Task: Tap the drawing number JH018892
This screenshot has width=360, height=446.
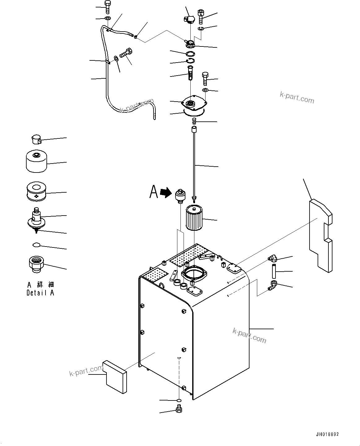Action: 327,434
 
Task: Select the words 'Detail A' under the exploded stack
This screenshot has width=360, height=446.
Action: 40,293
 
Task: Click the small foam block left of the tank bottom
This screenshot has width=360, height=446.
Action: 115,377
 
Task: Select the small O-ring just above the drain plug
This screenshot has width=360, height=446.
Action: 179,400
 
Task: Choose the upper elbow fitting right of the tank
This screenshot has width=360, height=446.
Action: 273,258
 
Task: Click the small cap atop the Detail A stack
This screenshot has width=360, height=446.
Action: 36,140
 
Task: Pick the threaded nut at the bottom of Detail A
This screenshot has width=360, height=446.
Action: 36,265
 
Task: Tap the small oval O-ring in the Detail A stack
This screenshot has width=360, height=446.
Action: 36,245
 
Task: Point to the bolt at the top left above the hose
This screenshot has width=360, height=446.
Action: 107,7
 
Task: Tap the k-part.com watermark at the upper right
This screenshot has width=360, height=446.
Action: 297,98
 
